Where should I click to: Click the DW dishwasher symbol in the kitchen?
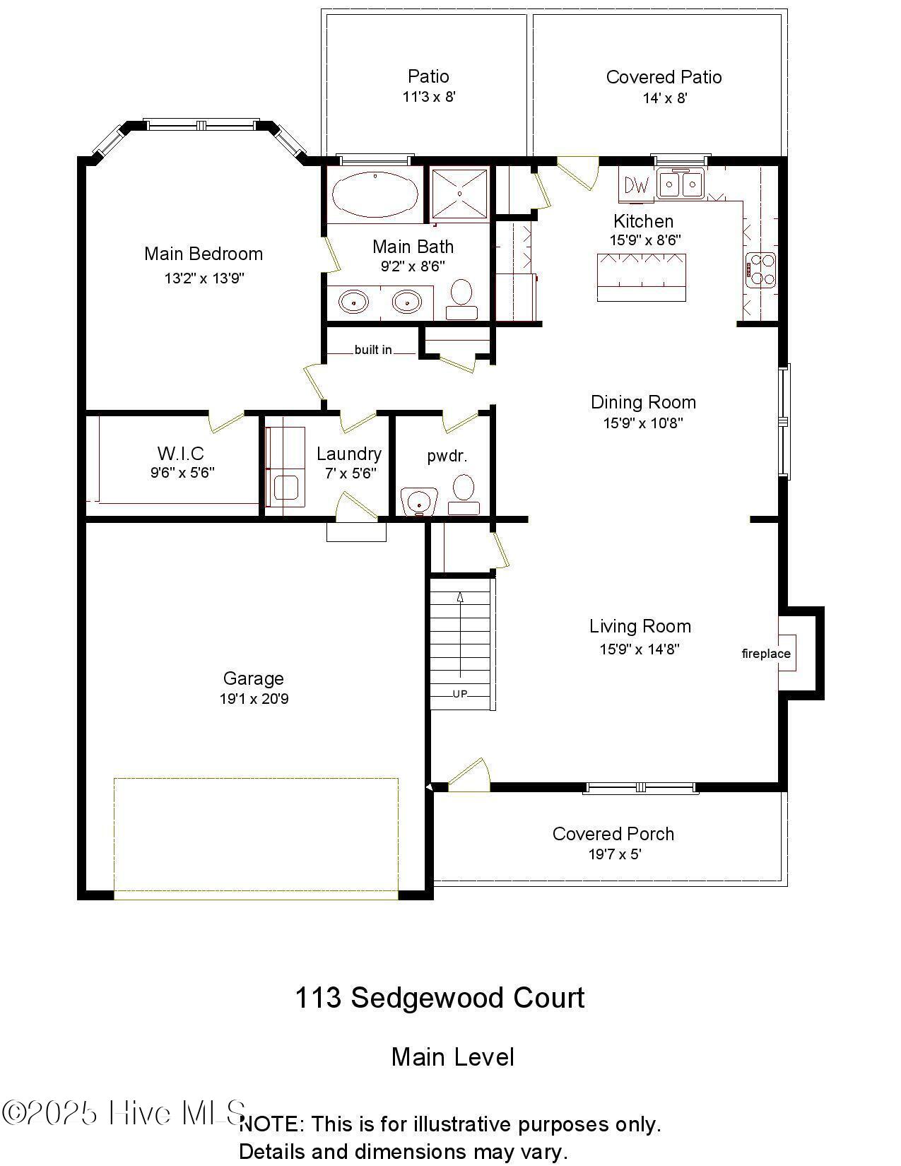click(637, 185)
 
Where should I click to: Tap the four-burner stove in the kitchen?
click(760, 271)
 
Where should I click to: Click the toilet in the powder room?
click(464, 495)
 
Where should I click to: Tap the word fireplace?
click(766, 654)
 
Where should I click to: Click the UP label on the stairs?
click(460, 694)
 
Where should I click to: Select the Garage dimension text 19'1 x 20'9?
click(254, 699)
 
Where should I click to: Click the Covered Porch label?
click(613, 834)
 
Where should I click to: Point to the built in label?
click(373, 350)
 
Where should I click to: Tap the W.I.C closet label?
click(181, 454)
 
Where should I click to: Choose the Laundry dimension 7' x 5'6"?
click(351, 473)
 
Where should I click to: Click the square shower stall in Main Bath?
click(460, 194)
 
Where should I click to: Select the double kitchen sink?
click(681, 184)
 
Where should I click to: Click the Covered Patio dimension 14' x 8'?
click(665, 98)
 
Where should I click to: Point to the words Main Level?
click(453, 1058)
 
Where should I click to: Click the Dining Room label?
click(643, 402)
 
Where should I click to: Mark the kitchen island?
click(642, 278)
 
